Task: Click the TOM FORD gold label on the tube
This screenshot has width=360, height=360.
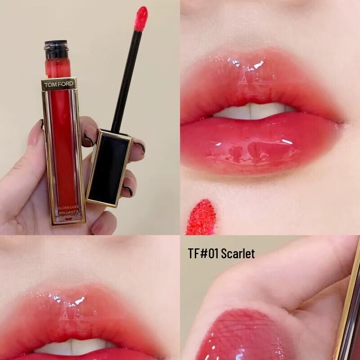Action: tap(59, 84)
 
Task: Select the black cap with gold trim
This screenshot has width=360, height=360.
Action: tap(108, 166)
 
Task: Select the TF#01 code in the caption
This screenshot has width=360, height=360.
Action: tap(203, 254)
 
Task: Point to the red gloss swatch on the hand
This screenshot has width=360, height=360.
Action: tap(238, 335)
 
